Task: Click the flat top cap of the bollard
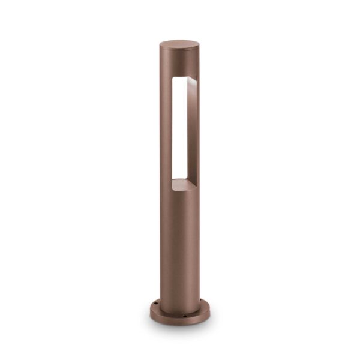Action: tap(179, 46)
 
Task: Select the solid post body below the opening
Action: tap(179, 240)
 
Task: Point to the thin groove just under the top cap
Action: tap(179, 55)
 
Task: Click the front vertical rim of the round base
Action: tap(179, 317)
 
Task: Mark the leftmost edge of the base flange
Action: tap(150, 309)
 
